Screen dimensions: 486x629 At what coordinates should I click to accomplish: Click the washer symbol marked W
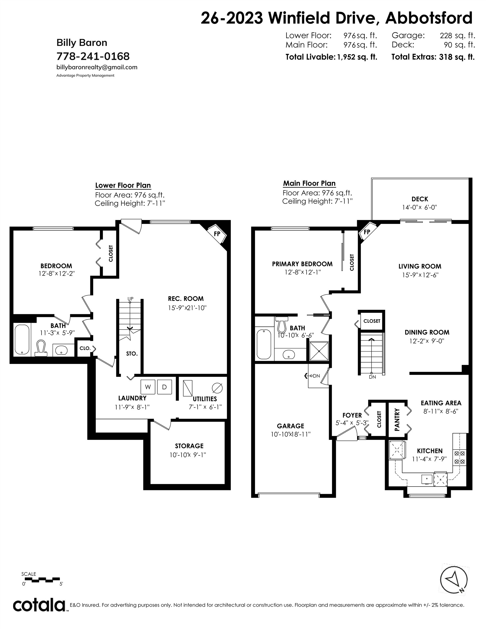[x=148, y=387]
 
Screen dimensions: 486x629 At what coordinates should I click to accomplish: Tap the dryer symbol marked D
[x=164, y=387]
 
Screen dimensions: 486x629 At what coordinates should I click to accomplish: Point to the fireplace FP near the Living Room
[x=367, y=232]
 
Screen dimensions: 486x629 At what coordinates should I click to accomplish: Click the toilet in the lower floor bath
[x=41, y=348]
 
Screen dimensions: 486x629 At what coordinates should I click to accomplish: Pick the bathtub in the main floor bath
[x=263, y=344]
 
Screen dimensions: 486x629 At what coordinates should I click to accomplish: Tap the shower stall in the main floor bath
[x=319, y=351]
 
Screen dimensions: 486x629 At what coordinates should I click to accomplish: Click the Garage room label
[x=291, y=426]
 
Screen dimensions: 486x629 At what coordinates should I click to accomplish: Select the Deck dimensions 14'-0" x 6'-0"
[x=419, y=207]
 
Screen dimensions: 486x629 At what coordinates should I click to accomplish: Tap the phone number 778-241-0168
[x=93, y=56]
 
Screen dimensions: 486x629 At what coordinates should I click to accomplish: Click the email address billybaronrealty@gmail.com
[x=97, y=67]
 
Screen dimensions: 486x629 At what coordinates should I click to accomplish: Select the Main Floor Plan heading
[x=309, y=183]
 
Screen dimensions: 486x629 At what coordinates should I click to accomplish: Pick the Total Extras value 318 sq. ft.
[x=457, y=57]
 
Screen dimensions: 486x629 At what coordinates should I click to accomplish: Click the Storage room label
[x=189, y=446]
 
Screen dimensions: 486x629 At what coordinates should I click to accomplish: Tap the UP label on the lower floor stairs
[x=131, y=299]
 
